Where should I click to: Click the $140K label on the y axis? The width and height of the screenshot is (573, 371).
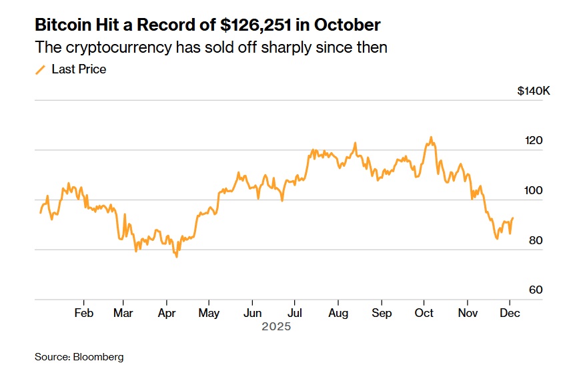533,91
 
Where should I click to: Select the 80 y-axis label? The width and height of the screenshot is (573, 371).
535,240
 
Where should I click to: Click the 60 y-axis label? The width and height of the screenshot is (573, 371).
535,290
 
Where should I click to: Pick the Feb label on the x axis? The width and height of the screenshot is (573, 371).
83,314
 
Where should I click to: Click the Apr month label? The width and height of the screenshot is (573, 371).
167,314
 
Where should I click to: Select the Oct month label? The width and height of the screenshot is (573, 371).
424,314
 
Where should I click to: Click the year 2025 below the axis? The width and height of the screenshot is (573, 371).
276,328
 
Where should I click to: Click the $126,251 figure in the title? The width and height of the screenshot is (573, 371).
258,26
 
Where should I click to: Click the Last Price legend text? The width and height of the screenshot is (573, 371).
79,69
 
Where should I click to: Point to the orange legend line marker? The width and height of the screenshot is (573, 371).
40,69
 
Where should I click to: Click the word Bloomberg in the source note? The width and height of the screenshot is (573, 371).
99,357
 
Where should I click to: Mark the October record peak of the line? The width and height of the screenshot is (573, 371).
431,137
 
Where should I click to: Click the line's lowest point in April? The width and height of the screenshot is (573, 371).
177,257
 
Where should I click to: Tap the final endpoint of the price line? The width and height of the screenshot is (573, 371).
513,218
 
